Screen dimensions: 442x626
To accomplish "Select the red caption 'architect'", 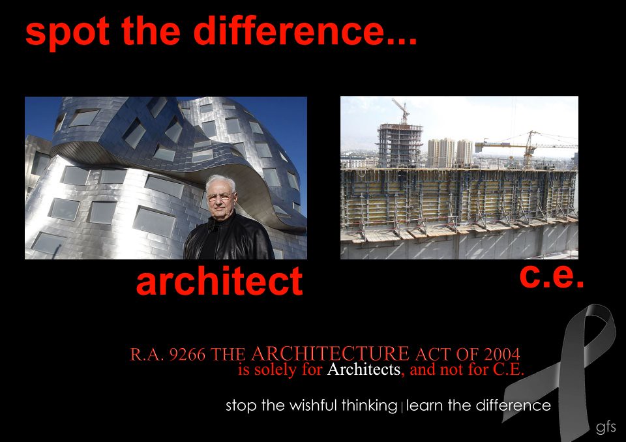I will tap(219, 282).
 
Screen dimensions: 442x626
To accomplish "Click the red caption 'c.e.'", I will tap(551, 275).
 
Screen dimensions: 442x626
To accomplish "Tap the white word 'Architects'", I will tap(363, 370).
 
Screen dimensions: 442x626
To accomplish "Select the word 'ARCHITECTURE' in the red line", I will tap(329, 354).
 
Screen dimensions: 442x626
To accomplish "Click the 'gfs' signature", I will tap(606, 428).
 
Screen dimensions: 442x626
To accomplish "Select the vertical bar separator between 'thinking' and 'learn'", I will tap(402, 407).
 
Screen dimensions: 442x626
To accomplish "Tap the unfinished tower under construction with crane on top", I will tap(399, 143).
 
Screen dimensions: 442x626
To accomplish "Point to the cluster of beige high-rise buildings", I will tap(450, 152).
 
